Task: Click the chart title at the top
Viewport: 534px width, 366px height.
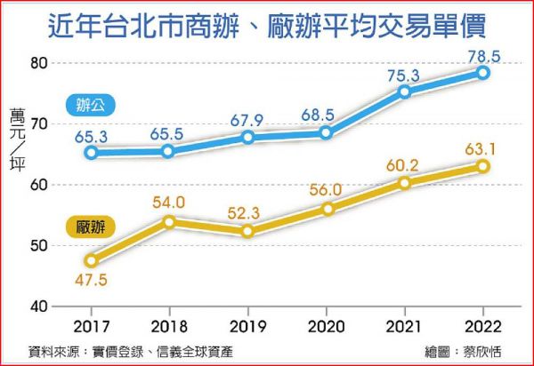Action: click(266, 25)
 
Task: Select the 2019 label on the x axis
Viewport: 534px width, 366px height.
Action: click(247, 325)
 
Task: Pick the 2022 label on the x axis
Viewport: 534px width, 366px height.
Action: click(482, 325)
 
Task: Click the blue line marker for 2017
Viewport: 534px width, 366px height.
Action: click(91, 153)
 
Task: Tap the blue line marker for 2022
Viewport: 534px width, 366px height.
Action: click(483, 73)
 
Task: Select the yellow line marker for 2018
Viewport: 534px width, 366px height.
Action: click(169, 221)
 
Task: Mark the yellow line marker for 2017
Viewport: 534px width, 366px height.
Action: click(91, 260)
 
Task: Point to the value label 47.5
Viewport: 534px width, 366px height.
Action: click(91, 280)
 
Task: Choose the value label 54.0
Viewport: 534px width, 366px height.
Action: click(168, 203)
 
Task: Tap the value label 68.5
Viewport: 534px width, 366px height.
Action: click(326, 115)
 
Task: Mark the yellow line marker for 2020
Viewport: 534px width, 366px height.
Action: click(327, 209)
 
